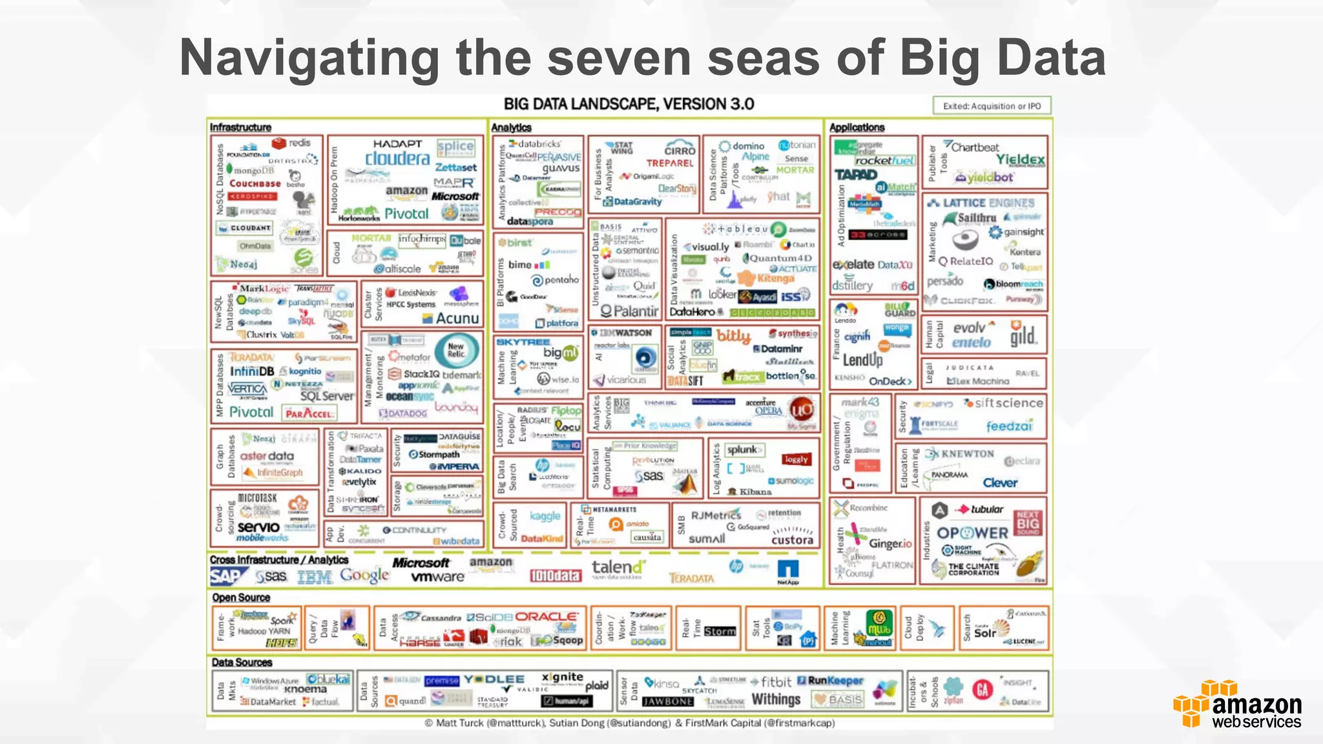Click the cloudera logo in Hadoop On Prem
point(397,159)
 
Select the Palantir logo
point(629,311)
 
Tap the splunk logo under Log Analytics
point(744,449)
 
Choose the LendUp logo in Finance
point(862,360)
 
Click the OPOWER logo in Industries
point(972,533)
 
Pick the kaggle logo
point(545,516)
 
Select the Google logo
point(365,575)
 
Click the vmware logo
point(437,577)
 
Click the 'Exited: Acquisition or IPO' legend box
point(992,106)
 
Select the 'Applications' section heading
point(857,128)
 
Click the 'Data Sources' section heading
point(242,663)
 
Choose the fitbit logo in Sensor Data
point(775,682)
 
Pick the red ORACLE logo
point(546,617)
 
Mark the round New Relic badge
point(456,350)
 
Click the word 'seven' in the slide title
point(619,58)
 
